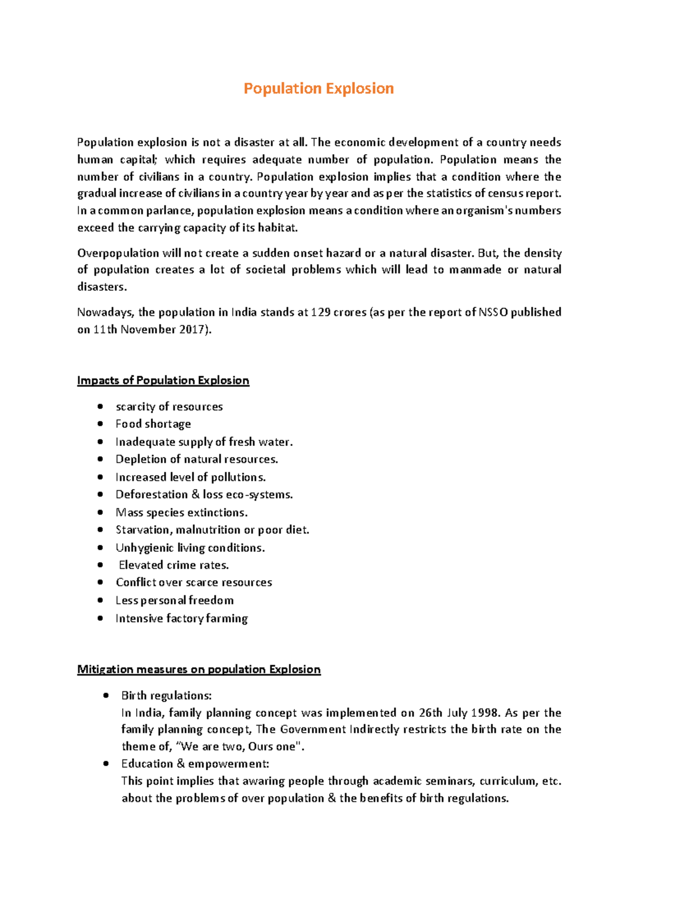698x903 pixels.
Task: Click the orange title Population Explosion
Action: [x=318, y=88]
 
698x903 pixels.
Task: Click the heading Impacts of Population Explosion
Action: [x=163, y=380]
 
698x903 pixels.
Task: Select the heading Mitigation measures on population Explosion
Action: [x=198, y=669]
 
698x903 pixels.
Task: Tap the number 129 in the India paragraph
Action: [x=320, y=312]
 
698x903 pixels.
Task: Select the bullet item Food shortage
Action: [x=153, y=424]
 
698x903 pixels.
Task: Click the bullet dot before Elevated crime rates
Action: [x=101, y=565]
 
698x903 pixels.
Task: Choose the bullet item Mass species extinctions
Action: [x=181, y=512]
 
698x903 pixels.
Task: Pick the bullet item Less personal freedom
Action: [x=174, y=600]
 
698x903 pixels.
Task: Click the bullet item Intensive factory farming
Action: [x=181, y=618]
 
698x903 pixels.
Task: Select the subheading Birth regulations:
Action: [x=166, y=695]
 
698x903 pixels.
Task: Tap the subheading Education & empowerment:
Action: [x=195, y=763]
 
